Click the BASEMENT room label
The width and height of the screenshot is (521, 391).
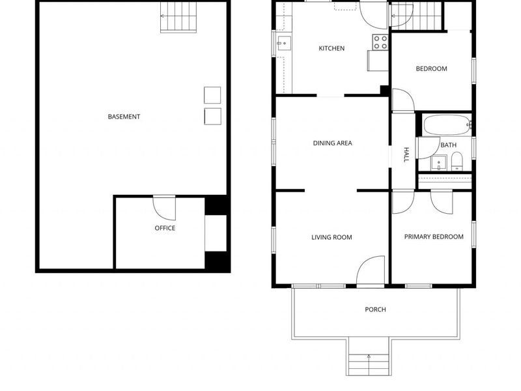pyautogui.click(x=124, y=117)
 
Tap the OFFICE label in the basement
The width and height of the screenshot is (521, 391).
pyautogui.click(x=165, y=228)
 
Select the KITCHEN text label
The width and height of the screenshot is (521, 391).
pyautogui.click(x=331, y=48)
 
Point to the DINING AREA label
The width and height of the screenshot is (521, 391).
pyautogui.click(x=332, y=143)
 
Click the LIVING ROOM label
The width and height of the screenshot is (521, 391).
pyautogui.click(x=331, y=237)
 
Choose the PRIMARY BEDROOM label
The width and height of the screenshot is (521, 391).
pyautogui.click(x=434, y=237)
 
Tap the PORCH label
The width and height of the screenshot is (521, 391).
pyautogui.click(x=375, y=310)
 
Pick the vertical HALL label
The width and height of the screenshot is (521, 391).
pyautogui.click(x=406, y=154)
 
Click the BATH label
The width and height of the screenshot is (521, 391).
pyautogui.click(x=448, y=145)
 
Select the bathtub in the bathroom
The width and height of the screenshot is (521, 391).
pyautogui.click(x=446, y=124)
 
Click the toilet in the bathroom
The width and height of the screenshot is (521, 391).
pyautogui.click(x=457, y=161)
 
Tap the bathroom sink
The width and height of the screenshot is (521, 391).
pyautogui.click(x=439, y=162)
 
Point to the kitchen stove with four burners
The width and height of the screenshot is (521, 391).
pyautogui.click(x=380, y=42)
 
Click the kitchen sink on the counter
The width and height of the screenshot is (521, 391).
pyautogui.click(x=283, y=44)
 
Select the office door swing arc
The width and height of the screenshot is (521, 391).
pyautogui.click(x=164, y=207)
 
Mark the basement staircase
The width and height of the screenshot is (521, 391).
pyautogui.click(x=178, y=18)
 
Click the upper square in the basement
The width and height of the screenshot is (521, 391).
pyautogui.click(x=212, y=95)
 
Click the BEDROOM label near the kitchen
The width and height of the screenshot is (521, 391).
pyautogui.click(x=431, y=68)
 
